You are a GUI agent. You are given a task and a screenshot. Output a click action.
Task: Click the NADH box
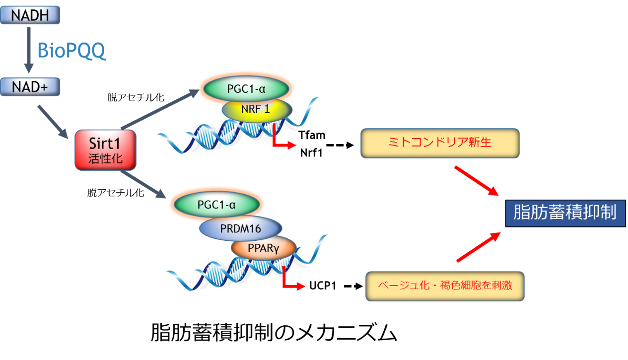(30, 15)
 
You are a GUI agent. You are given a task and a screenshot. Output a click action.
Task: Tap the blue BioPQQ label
(71, 51)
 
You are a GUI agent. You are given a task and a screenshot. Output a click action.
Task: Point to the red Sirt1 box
(105, 149)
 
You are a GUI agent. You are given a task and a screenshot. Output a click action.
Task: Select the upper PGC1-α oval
(246, 89)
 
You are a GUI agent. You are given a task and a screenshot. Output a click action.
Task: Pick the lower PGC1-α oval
(216, 205)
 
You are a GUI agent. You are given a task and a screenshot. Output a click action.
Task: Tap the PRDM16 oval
(240, 228)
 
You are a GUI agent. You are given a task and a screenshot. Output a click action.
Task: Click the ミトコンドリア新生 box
(439, 143)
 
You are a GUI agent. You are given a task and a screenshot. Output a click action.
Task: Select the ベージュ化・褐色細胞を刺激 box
(445, 286)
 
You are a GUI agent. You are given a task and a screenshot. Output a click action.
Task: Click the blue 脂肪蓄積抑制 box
(564, 213)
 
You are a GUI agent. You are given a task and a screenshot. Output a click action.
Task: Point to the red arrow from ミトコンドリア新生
(476, 180)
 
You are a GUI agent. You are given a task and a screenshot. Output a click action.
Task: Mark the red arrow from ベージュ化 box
(477, 247)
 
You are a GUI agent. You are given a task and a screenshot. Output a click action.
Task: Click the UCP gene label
(318, 286)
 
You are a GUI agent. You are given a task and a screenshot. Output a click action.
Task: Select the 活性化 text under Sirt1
(105, 159)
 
